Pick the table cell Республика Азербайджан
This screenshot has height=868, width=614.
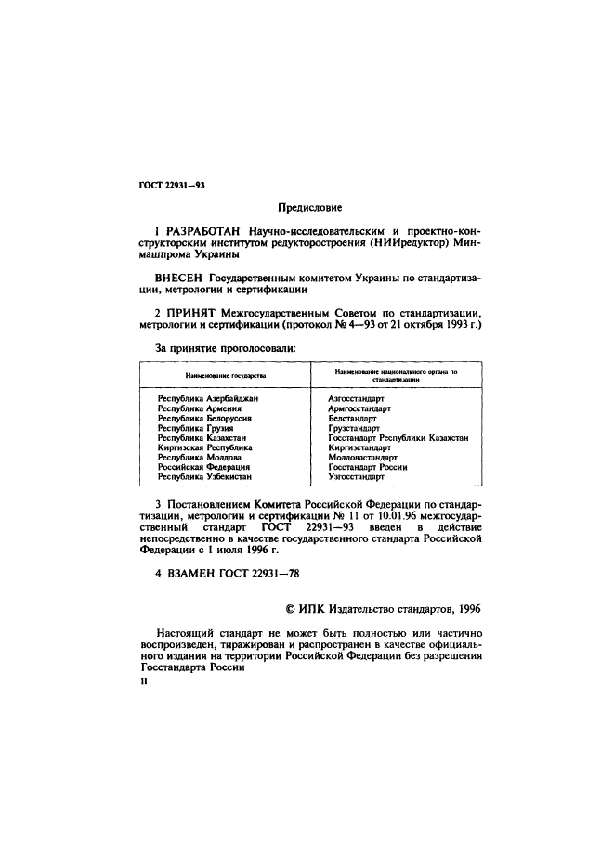coord(207,398)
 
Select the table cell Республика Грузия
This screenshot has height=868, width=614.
coord(195,428)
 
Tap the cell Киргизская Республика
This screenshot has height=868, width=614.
coord(204,447)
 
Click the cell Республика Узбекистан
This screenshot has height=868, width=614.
coord(204,477)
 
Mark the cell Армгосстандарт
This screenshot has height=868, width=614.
coord(359,408)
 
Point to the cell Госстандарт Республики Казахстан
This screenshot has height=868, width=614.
coord(398,438)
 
